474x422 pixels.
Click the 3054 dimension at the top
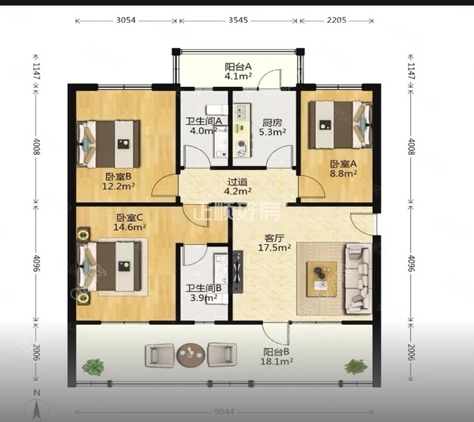pos(126,21)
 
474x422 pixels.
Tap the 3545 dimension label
pos(238,21)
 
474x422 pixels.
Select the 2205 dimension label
pos(337,21)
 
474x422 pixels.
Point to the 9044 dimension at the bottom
pos(224,412)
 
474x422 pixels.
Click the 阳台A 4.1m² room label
pos(239,71)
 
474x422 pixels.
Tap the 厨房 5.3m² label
pos(273,127)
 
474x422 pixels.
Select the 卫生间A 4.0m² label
pos(204,126)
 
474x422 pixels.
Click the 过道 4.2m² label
pos(238,187)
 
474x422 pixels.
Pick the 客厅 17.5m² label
pos(274,243)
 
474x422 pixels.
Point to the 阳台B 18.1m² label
pos(276,356)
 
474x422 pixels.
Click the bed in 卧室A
pos(340,125)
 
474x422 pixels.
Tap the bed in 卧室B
pos(108,144)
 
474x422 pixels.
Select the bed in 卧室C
pos(109,266)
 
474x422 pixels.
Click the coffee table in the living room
pos(322,279)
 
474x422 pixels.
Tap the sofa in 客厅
pos(359,279)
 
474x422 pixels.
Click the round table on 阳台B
pos(190,355)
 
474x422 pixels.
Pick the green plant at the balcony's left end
pos(93,367)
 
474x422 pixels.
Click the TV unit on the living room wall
pos(238,272)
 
